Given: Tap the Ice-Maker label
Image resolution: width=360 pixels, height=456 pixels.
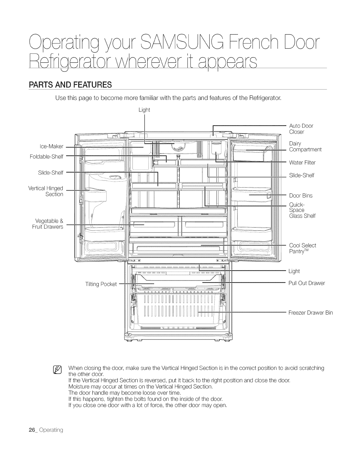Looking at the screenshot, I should [51, 146].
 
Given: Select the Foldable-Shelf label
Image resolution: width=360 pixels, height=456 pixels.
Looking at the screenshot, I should [46, 157].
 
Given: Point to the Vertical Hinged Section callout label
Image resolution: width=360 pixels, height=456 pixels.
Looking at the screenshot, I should [46, 191].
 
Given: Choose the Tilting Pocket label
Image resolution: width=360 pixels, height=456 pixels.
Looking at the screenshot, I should [101, 284].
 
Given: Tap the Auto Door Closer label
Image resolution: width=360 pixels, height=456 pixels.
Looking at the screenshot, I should [301, 129].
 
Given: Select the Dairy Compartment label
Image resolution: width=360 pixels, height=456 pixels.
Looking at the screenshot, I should [305, 146].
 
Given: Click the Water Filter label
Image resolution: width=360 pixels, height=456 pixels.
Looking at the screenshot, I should [302, 163].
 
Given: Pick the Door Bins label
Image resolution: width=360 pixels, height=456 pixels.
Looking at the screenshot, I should [301, 196].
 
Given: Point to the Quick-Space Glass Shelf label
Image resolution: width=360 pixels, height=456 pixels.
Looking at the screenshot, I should [302, 210].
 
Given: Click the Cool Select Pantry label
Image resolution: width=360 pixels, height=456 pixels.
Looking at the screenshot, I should [303, 248].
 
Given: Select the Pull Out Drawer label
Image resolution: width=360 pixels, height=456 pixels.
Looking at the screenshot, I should [307, 283].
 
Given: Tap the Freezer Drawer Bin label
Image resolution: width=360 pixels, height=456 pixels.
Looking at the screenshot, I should [310, 313].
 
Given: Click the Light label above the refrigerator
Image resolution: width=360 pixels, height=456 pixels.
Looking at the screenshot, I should [144, 110].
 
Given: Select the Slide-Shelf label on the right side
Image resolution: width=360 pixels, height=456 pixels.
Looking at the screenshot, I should [301, 175].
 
